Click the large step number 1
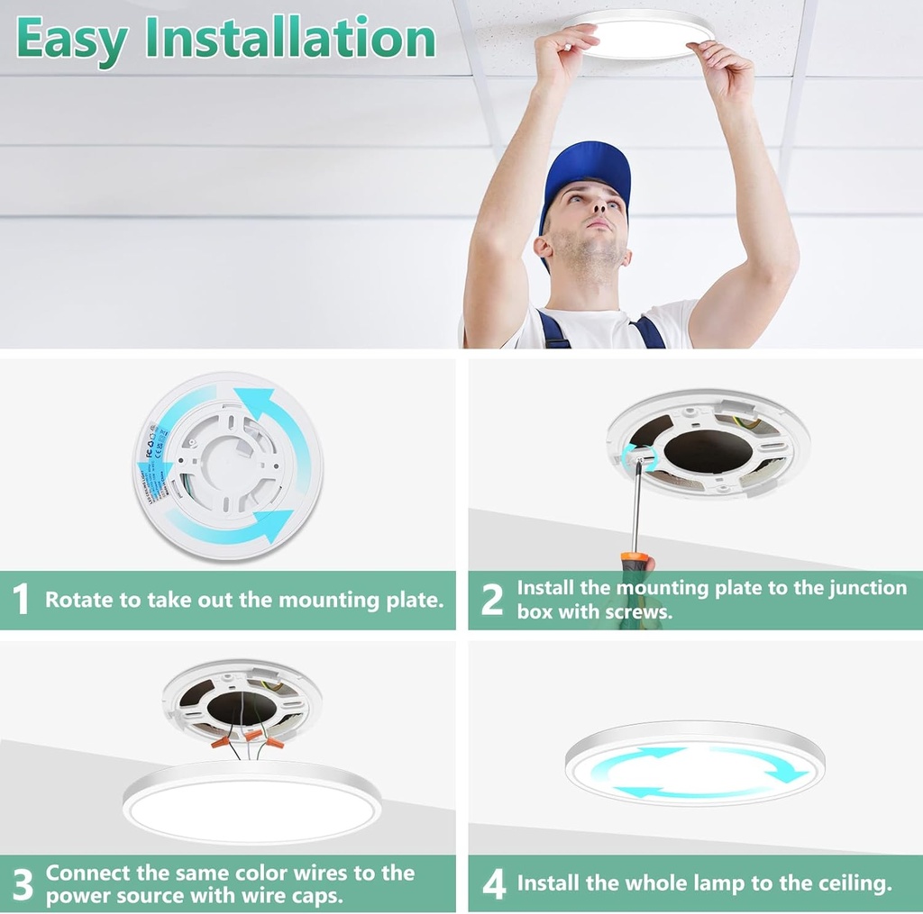pyautogui.click(x=22, y=600)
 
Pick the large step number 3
pyautogui.click(x=23, y=885)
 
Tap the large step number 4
pyautogui.click(x=494, y=884)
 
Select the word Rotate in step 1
pyautogui.click(x=76, y=600)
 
